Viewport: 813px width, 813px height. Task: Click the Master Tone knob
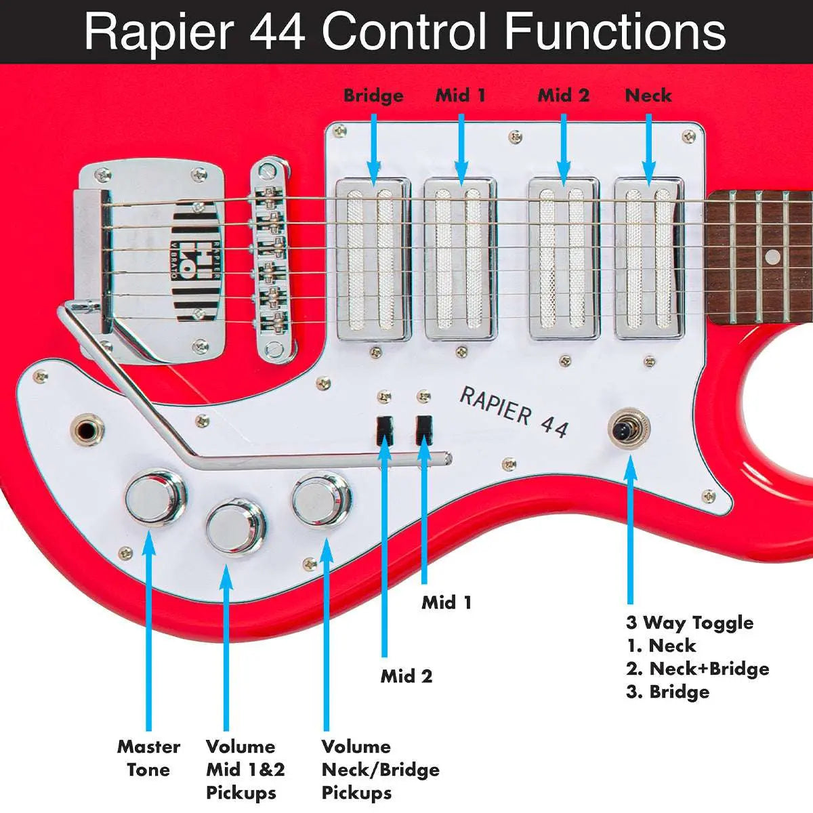pos(157,498)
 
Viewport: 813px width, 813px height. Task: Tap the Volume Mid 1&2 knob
pos(234,527)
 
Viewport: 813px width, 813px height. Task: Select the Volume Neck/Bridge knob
pos(320,499)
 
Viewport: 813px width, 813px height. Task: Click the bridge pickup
pos(373,259)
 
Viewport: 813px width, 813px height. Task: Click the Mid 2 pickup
pos(564,259)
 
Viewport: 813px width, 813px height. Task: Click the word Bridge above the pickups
pos(373,96)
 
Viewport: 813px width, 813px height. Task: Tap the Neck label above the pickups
pos(648,96)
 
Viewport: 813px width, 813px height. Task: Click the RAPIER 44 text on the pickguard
pos(514,412)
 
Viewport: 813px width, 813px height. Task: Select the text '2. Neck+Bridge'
pos(697,669)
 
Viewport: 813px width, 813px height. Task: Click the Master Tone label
pos(148,758)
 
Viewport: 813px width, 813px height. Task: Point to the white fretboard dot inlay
pos(772,257)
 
